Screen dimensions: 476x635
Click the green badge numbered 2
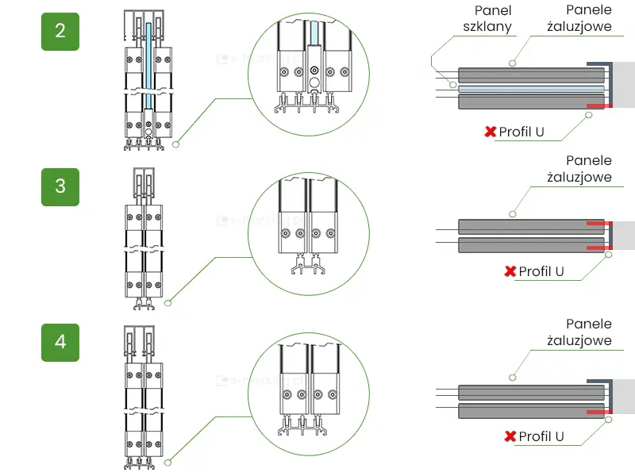(x=60, y=31)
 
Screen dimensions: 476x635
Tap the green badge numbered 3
(x=60, y=186)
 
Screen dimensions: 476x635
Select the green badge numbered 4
(x=60, y=342)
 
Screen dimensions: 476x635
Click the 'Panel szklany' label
(x=487, y=18)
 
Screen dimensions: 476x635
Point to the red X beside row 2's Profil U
(x=491, y=132)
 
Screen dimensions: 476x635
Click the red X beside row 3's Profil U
(x=510, y=271)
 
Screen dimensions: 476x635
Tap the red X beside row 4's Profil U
(x=510, y=436)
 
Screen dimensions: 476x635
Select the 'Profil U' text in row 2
(x=521, y=132)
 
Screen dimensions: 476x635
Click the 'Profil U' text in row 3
(x=541, y=271)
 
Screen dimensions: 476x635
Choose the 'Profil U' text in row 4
(x=541, y=436)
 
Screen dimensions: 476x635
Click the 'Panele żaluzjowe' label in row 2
(x=579, y=18)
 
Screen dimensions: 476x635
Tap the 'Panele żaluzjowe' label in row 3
(x=579, y=168)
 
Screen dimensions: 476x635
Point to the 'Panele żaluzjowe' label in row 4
(x=579, y=332)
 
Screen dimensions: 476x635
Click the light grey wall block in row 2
(x=624, y=84)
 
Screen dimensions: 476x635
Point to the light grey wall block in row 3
(x=624, y=235)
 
